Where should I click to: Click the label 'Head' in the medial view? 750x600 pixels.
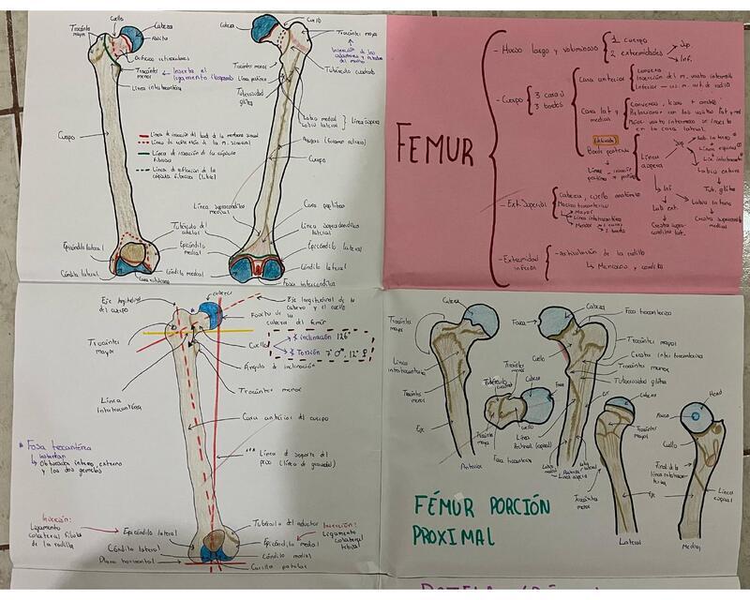[x=715, y=394]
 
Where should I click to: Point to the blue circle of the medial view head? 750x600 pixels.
[x=696, y=412]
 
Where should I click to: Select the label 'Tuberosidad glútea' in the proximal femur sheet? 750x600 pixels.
[x=638, y=381]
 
